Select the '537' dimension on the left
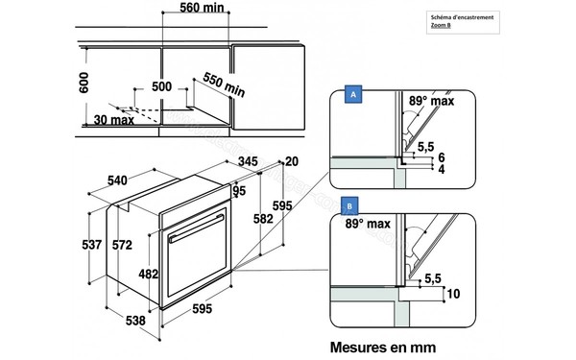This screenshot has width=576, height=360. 90,246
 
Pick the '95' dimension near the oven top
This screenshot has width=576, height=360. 239,190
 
